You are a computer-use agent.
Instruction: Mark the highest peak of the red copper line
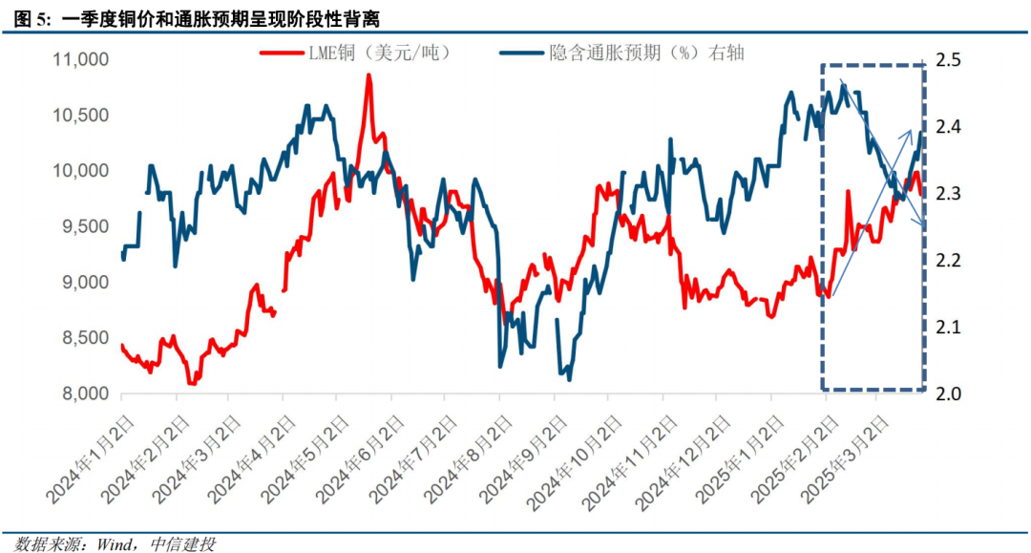[x=368, y=74]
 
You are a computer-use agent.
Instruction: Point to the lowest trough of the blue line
[x=569, y=379]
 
